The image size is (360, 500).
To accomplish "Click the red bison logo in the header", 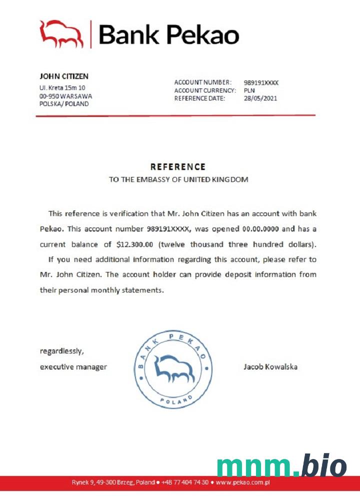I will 61,34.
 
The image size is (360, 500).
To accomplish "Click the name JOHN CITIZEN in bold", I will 64,76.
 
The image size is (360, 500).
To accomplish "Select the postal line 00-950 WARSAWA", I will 65,95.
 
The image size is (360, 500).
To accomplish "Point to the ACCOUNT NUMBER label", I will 203,82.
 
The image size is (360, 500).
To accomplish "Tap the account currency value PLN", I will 249,90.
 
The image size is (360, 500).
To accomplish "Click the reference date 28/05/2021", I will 260,98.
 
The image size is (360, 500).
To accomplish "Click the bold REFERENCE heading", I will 178,167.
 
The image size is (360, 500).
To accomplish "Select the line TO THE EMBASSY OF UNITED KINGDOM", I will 178,179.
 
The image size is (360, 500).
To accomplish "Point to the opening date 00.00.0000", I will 263,229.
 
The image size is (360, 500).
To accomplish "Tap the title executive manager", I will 73,366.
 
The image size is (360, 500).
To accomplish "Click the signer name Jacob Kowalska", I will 270,366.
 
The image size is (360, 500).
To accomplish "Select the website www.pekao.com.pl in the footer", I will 243,483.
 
